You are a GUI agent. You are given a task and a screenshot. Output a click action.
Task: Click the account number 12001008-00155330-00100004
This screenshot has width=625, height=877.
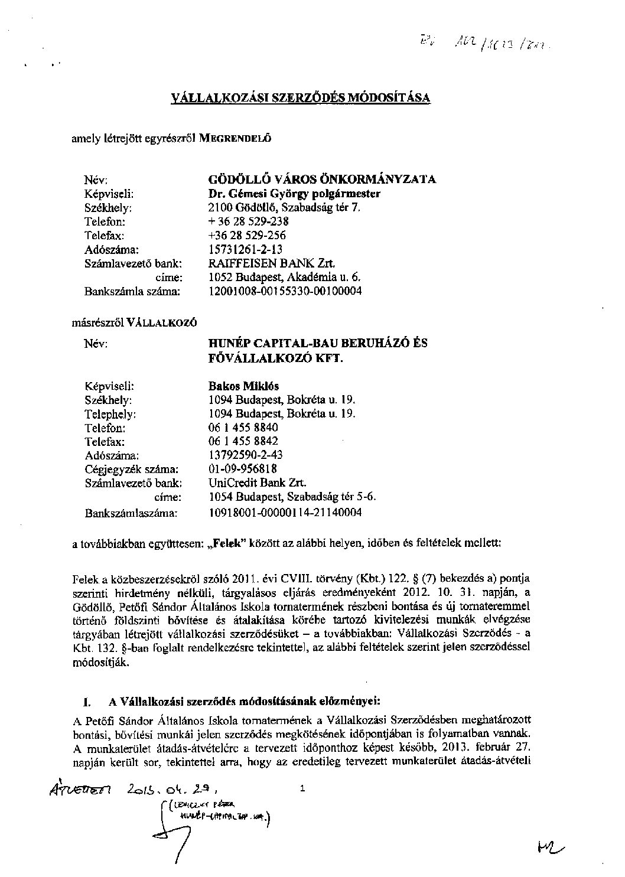coord(285,291)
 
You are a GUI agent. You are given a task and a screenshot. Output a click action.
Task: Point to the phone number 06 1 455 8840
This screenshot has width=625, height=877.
coord(243,427)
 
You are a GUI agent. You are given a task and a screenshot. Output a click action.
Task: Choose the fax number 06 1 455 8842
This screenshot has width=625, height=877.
coord(243,441)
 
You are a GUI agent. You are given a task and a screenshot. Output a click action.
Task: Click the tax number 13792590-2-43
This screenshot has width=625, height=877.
coord(246,455)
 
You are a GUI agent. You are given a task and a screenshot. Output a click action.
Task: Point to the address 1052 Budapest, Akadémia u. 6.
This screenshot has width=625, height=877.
coord(285,277)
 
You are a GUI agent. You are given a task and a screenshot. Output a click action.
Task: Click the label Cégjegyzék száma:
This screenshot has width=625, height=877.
coord(131,470)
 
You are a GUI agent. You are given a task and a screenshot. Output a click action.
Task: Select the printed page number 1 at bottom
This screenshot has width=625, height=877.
coord(302,788)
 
